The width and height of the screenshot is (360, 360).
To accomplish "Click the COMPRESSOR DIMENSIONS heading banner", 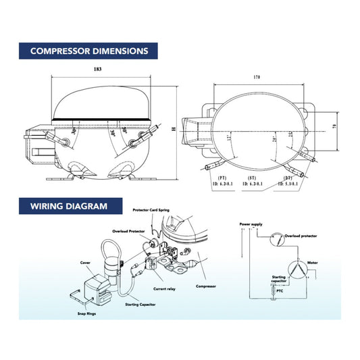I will (90, 51).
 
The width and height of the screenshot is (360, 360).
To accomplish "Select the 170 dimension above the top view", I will (257, 78).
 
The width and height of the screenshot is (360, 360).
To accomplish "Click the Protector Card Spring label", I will (149, 210).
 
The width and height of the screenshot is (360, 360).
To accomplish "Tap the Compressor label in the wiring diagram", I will (205, 286).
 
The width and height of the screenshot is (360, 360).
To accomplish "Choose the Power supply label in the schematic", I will (250, 223).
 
